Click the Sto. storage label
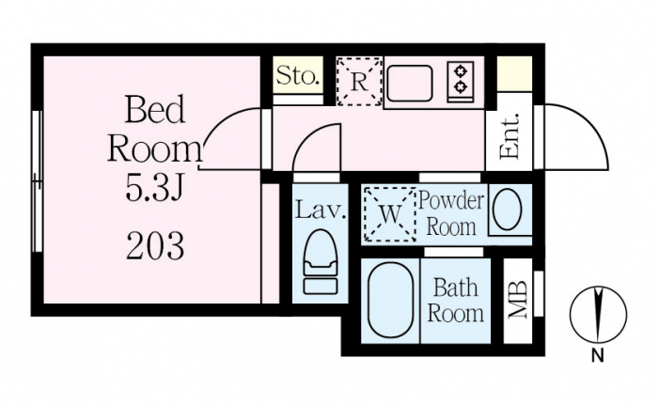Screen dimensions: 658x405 point(297,76)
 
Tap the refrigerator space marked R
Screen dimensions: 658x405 point(360,82)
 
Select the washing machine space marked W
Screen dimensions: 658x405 point(390,214)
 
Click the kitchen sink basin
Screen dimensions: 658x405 point(410,83)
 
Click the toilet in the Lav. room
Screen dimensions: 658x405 point(321,262)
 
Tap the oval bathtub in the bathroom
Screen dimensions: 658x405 point(390,300)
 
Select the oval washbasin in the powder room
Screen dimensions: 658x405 point(507,209)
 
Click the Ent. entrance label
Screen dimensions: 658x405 point(509,136)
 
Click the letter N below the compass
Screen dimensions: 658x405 point(598,356)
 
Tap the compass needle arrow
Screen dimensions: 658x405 point(599,312)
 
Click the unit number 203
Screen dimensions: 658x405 point(155,246)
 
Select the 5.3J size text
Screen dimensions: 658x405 point(154,188)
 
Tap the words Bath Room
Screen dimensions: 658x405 point(455,301)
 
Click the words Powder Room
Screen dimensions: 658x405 point(451,213)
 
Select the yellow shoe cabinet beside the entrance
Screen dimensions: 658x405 point(514,74)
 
